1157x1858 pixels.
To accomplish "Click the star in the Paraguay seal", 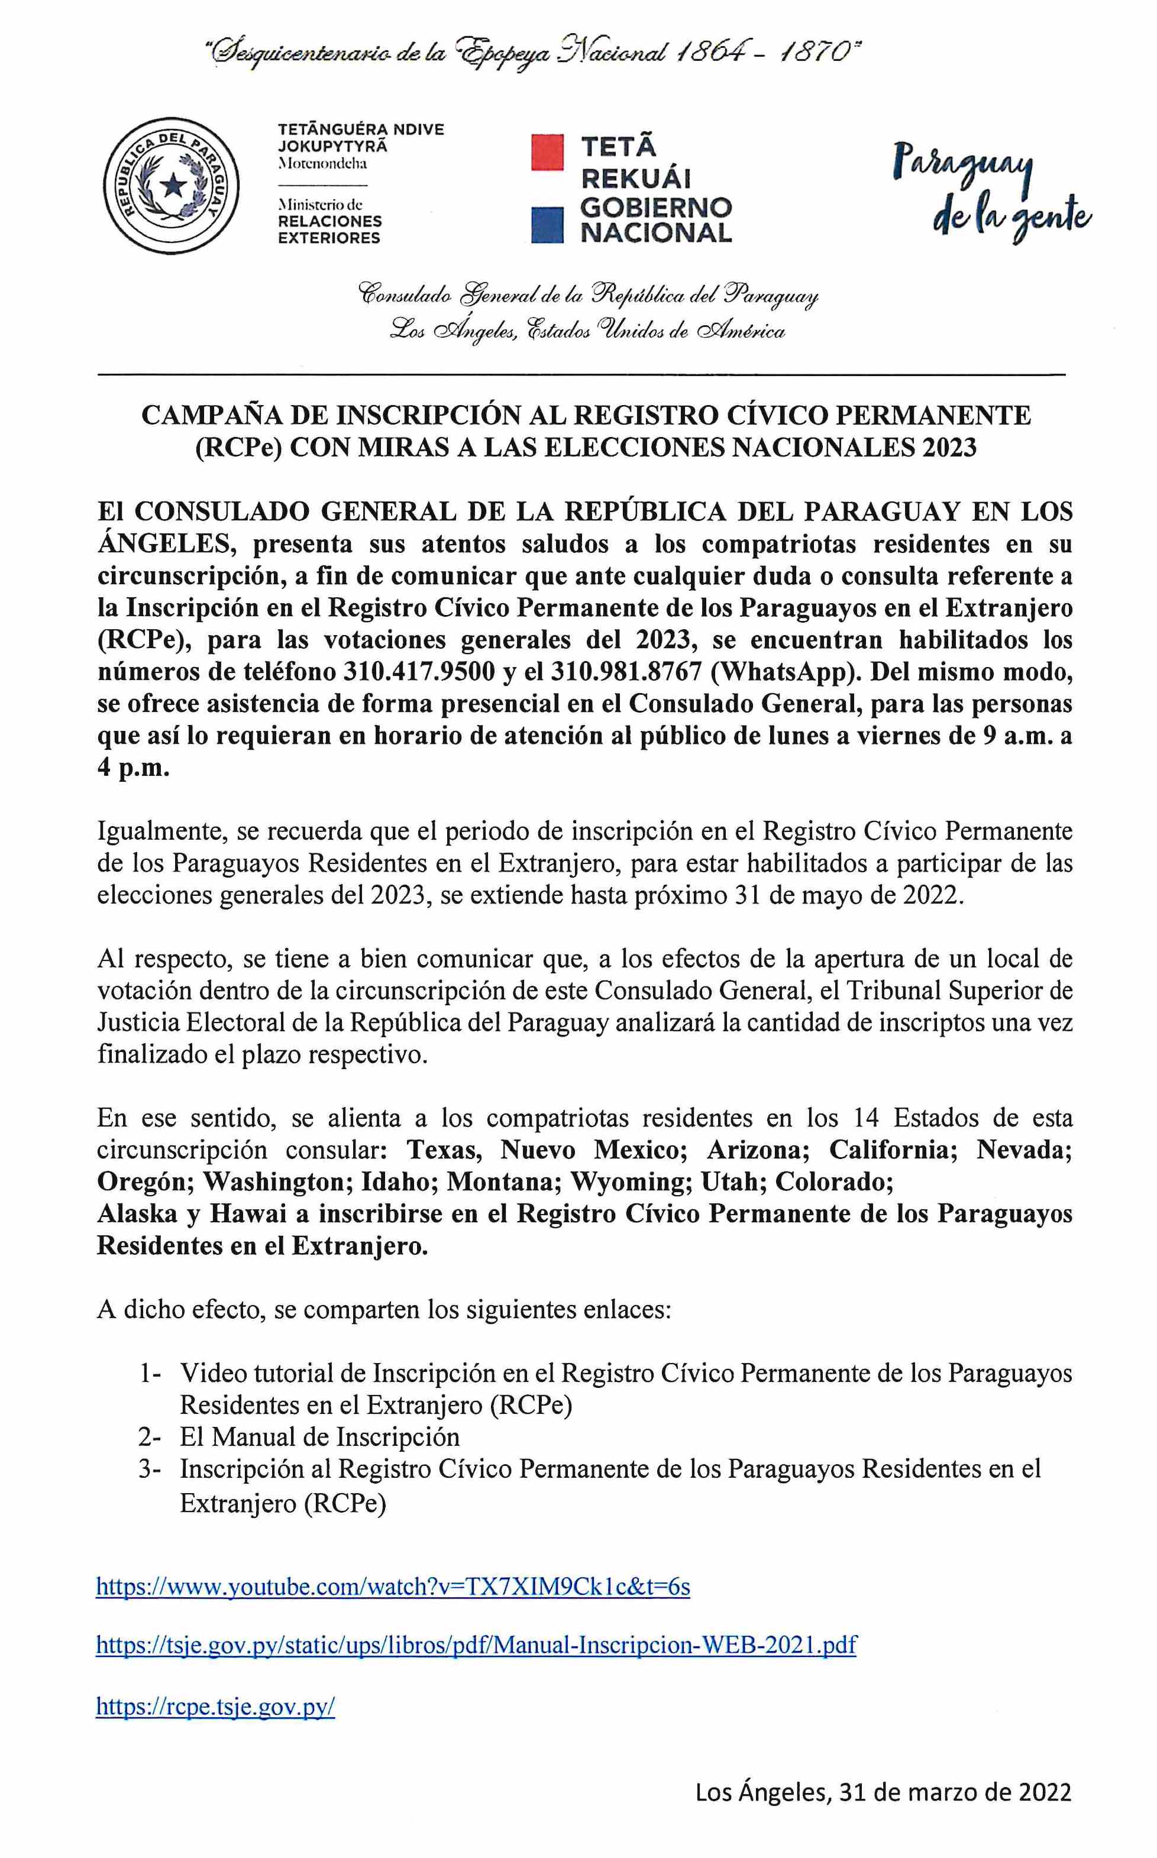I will (x=174, y=184).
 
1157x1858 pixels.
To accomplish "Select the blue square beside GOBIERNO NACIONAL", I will (x=548, y=225).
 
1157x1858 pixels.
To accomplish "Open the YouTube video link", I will (x=393, y=1587).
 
